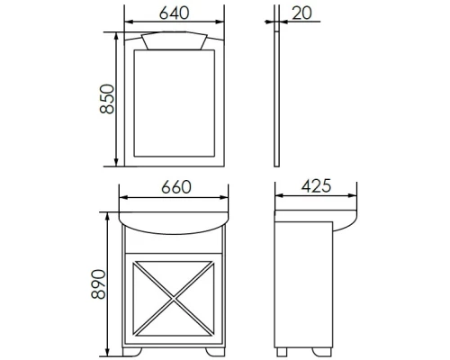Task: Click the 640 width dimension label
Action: pyautogui.click(x=174, y=13)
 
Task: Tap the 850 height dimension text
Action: pyautogui.click(x=107, y=99)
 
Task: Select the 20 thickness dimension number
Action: pyautogui.click(x=301, y=13)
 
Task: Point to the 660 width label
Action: pyautogui.click(x=176, y=187)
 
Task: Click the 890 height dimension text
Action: pyautogui.click(x=98, y=284)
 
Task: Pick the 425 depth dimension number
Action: pyautogui.click(x=316, y=186)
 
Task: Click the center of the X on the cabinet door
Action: pyautogui.click(x=174, y=298)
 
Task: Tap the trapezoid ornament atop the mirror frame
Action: pyautogui.click(x=175, y=40)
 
